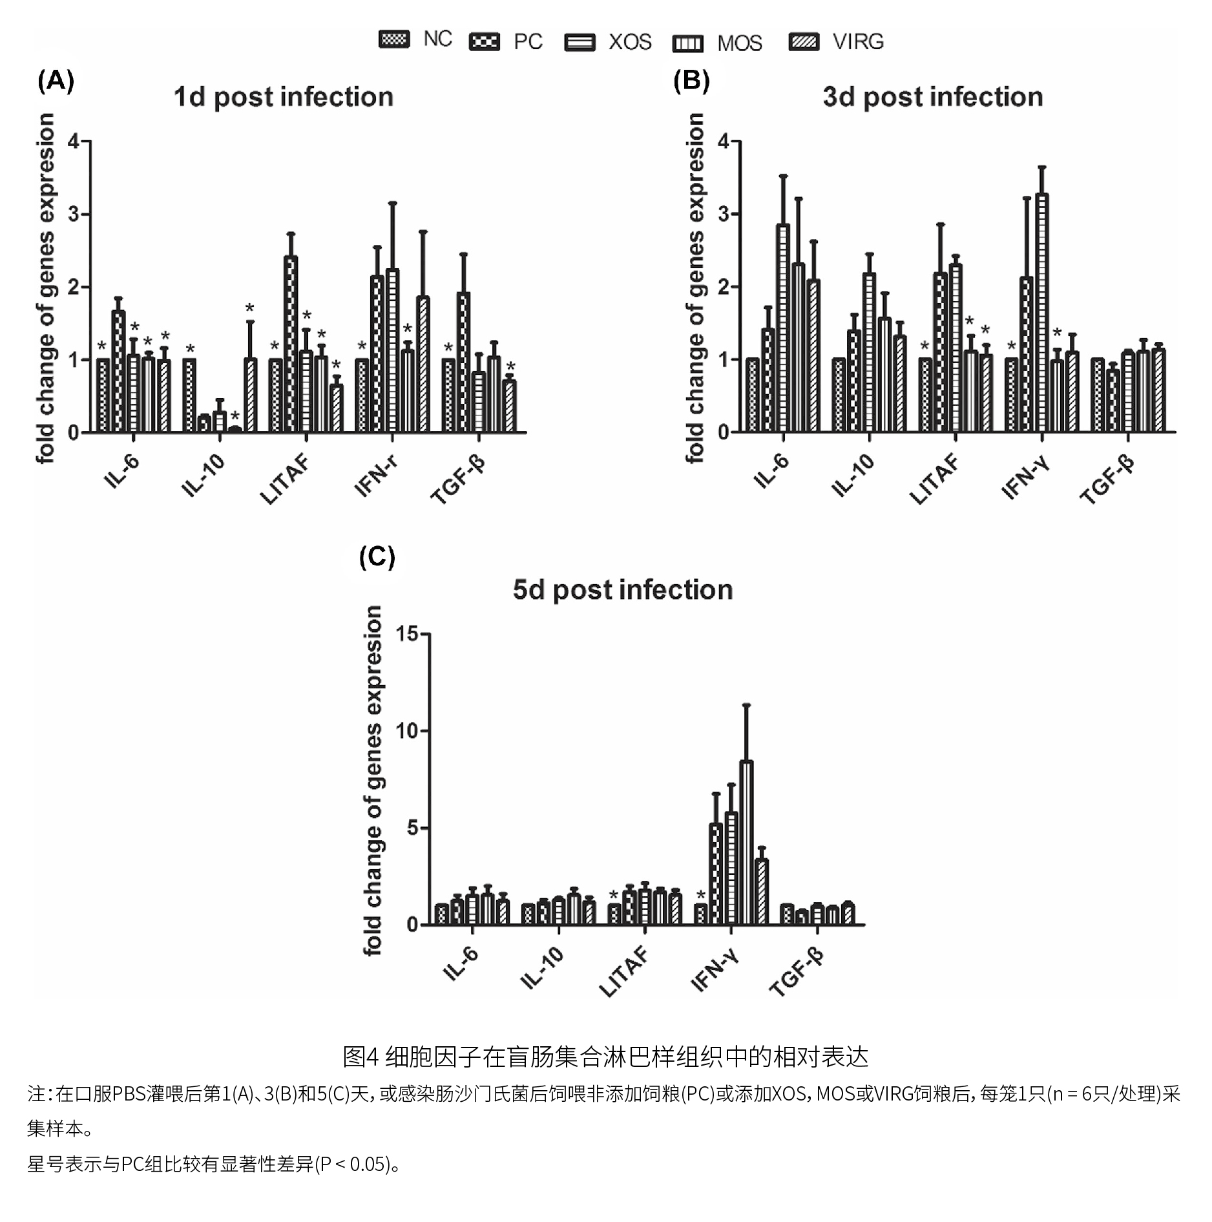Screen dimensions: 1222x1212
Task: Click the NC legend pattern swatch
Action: tap(393, 39)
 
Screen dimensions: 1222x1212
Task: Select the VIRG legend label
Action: tap(857, 41)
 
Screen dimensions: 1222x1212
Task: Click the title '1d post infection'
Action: tap(283, 98)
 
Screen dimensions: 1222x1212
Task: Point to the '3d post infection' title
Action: tap(932, 98)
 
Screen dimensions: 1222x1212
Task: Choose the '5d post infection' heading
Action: tap(622, 590)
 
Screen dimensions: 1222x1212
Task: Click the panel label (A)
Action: tap(56, 81)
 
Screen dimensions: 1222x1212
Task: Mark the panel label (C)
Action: tap(377, 557)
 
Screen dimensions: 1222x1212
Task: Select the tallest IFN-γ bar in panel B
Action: tap(1041, 313)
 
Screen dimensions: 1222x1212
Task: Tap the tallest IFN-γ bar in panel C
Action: tap(746, 843)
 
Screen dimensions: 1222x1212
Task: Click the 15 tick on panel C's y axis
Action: tap(407, 634)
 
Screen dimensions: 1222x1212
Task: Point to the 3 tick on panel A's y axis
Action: tap(74, 214)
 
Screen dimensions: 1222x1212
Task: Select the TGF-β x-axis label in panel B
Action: tap(1107, 481)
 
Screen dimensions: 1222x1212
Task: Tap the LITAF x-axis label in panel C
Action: tap(623, 971)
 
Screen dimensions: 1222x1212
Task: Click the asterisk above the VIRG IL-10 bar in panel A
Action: tap(250, 309)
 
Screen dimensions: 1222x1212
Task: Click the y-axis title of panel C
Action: tap(374, 779)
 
